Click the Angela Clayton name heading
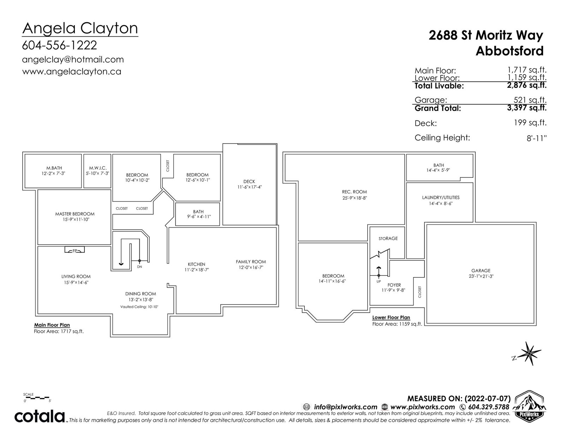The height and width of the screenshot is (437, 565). coord(80,29)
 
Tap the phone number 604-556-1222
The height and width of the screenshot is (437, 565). coord(60,45)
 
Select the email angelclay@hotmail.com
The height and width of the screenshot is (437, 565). coord(73,60)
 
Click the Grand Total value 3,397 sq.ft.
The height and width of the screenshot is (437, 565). coord(527,108)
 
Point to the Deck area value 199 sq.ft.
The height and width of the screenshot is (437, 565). coord(530,123)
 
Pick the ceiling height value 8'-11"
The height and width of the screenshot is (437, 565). coord(537,138)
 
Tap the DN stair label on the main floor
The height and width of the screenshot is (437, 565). coord(139,267)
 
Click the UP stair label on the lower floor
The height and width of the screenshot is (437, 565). coord(379,282)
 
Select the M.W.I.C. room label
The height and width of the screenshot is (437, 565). coord(98,168)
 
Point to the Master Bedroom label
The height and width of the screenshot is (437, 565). coord(75,214)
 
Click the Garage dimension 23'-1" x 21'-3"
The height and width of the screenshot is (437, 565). coord(481,276)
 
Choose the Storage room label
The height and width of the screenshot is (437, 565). coord(388,238)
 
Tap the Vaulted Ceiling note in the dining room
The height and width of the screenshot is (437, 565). coord(139,307)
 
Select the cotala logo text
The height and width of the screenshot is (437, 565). coord(40,417)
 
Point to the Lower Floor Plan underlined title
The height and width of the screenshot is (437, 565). coord(391,317)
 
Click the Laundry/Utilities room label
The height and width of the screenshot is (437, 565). coord(441,197)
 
